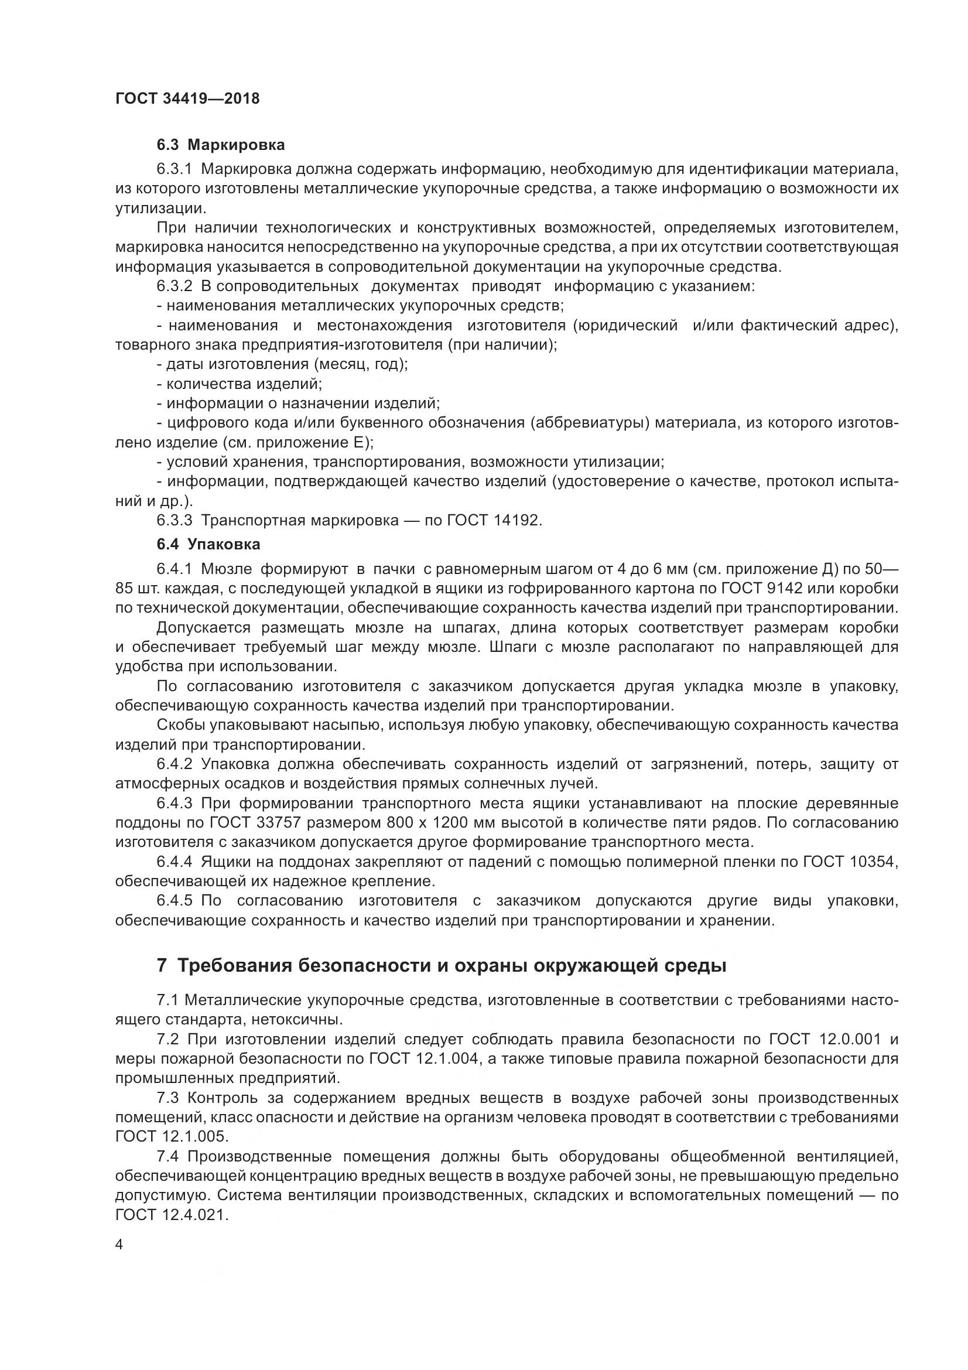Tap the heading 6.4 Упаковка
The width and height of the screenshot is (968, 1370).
(x=208, y=544)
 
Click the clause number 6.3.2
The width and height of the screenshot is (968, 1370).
(x=174, y=286)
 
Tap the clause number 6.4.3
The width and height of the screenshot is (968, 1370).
(x=174, y=803)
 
